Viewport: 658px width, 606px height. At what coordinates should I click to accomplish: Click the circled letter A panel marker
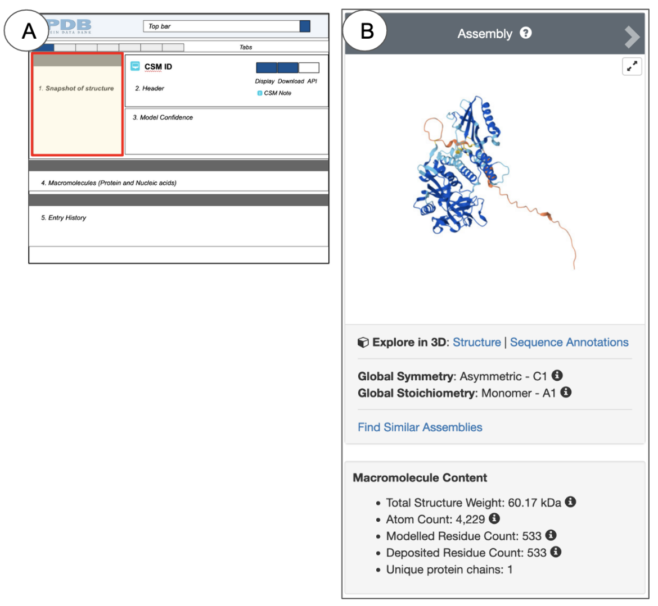(26, 30)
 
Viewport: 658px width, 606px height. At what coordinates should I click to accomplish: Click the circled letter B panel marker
(364, 30)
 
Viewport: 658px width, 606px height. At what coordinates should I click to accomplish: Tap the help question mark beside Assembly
(525, 33)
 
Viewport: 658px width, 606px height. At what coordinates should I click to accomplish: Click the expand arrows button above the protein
(632, 66)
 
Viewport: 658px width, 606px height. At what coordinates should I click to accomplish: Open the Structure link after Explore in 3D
(477, 343)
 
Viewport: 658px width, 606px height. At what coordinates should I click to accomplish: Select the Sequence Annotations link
(569, 343)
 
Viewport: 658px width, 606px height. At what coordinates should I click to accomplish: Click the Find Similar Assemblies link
(420, 427)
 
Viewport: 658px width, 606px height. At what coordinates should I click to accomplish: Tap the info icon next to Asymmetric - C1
(557, 375)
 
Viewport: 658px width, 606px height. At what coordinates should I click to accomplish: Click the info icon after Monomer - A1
(566, 392)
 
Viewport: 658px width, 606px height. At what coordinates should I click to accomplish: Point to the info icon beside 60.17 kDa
(570, 502)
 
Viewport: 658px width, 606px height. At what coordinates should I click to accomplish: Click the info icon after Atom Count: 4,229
(494, 518)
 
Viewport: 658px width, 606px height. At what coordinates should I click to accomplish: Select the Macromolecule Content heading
(420, 478)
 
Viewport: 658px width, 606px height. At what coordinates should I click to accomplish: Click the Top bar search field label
(160, 26)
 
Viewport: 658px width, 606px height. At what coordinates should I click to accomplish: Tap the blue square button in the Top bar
(305, 26)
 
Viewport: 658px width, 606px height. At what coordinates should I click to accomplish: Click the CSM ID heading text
(158, 67)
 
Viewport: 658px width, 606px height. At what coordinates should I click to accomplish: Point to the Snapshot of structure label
(76, 88)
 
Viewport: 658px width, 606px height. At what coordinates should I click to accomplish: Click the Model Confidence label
(163, 117)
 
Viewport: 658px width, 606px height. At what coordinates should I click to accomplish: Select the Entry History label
(64, 217)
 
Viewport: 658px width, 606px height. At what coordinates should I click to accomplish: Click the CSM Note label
(277, 93)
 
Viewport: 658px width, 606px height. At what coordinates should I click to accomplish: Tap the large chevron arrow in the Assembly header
(632, 37)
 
